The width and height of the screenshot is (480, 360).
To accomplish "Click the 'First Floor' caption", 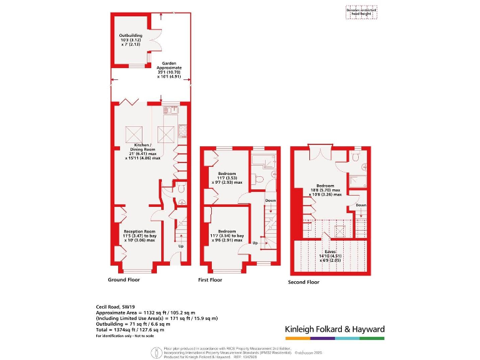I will (210, 280).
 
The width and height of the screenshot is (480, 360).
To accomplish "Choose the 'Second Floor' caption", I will (304, 282).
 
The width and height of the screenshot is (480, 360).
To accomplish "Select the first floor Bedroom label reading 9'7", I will (226, 177).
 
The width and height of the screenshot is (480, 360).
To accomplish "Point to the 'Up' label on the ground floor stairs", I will (181, 246).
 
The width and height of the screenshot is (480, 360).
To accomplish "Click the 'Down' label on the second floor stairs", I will (361, 205).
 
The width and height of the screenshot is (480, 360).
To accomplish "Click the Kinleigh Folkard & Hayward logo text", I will (334, 329).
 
